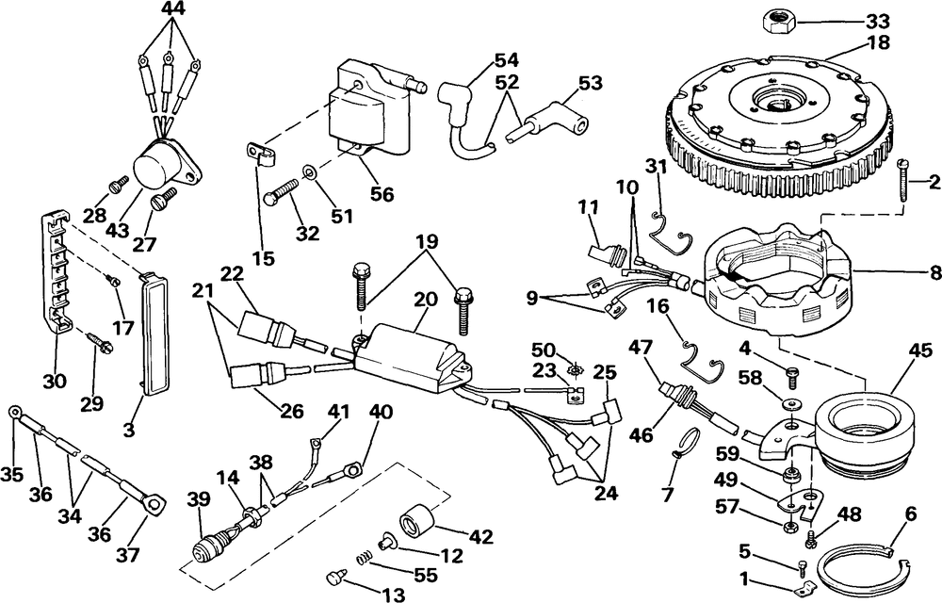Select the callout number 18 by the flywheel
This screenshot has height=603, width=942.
tap(879, 44)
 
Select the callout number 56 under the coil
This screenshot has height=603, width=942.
tap(382, 193)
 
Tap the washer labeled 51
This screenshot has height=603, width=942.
tap(308, 172)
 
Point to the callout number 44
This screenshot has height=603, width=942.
tap(173, 8)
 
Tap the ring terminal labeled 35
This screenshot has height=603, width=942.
tap(14, 413)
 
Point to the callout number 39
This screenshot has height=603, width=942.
tap(199, 498)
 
